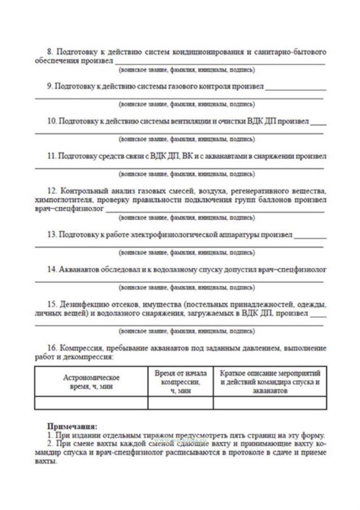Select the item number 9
(50, 86)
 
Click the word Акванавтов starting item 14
(80, 270)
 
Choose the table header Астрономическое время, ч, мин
(91, 382)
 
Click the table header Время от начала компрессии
(180, 382)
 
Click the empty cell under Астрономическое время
(91, 403)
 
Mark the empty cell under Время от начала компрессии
(180, 403)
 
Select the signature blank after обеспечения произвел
(220, 61)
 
